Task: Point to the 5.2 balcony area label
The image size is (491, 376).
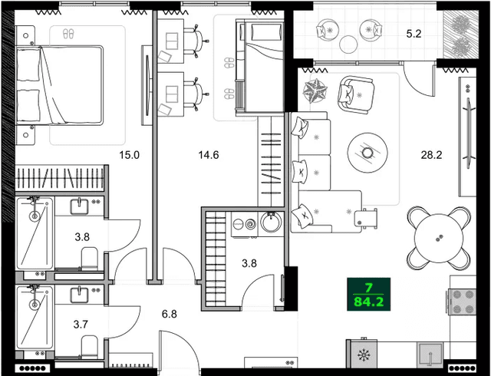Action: click(x=414, y=34)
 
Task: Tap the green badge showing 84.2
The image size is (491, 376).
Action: click(x=369, y=293)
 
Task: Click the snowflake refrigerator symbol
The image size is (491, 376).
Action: click(x=362, y=356)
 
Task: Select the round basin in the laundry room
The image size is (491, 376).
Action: click(x=272, y=224)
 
